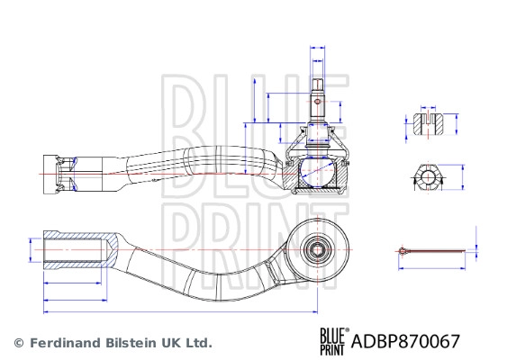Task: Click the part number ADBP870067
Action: tap(406, 342)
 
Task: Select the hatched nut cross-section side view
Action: tap(428, 123)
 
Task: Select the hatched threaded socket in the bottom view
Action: tap(79, 247)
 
